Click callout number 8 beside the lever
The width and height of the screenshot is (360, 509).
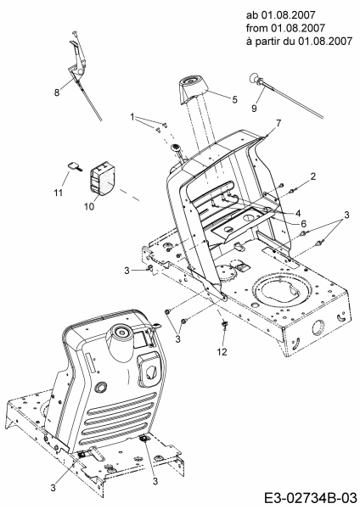tap(57, 92)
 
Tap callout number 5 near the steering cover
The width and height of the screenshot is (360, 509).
tap(234, 99)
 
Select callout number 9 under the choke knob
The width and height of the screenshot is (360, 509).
tap(254, 108)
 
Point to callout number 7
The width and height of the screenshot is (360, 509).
tap(278, 123)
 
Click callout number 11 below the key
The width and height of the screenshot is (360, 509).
tap(58, 193)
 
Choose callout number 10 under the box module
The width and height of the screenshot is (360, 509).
tap(89, 206)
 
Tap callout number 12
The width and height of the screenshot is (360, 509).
tap(222, 351)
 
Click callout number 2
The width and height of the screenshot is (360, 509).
tap(313, 176)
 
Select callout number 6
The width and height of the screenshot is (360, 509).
tap(303, 224)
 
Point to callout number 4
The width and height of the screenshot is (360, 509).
tap(298, 213)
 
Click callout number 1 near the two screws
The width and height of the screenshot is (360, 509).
tap(132, 117)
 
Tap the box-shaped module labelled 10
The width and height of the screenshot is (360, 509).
tap(101, 179)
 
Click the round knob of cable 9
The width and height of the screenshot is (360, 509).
tap(254, 79)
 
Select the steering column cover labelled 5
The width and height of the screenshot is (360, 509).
tap(193, 90)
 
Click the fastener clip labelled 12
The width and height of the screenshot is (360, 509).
tap(224, 324)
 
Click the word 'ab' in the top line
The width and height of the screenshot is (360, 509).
tap(250, 15)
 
